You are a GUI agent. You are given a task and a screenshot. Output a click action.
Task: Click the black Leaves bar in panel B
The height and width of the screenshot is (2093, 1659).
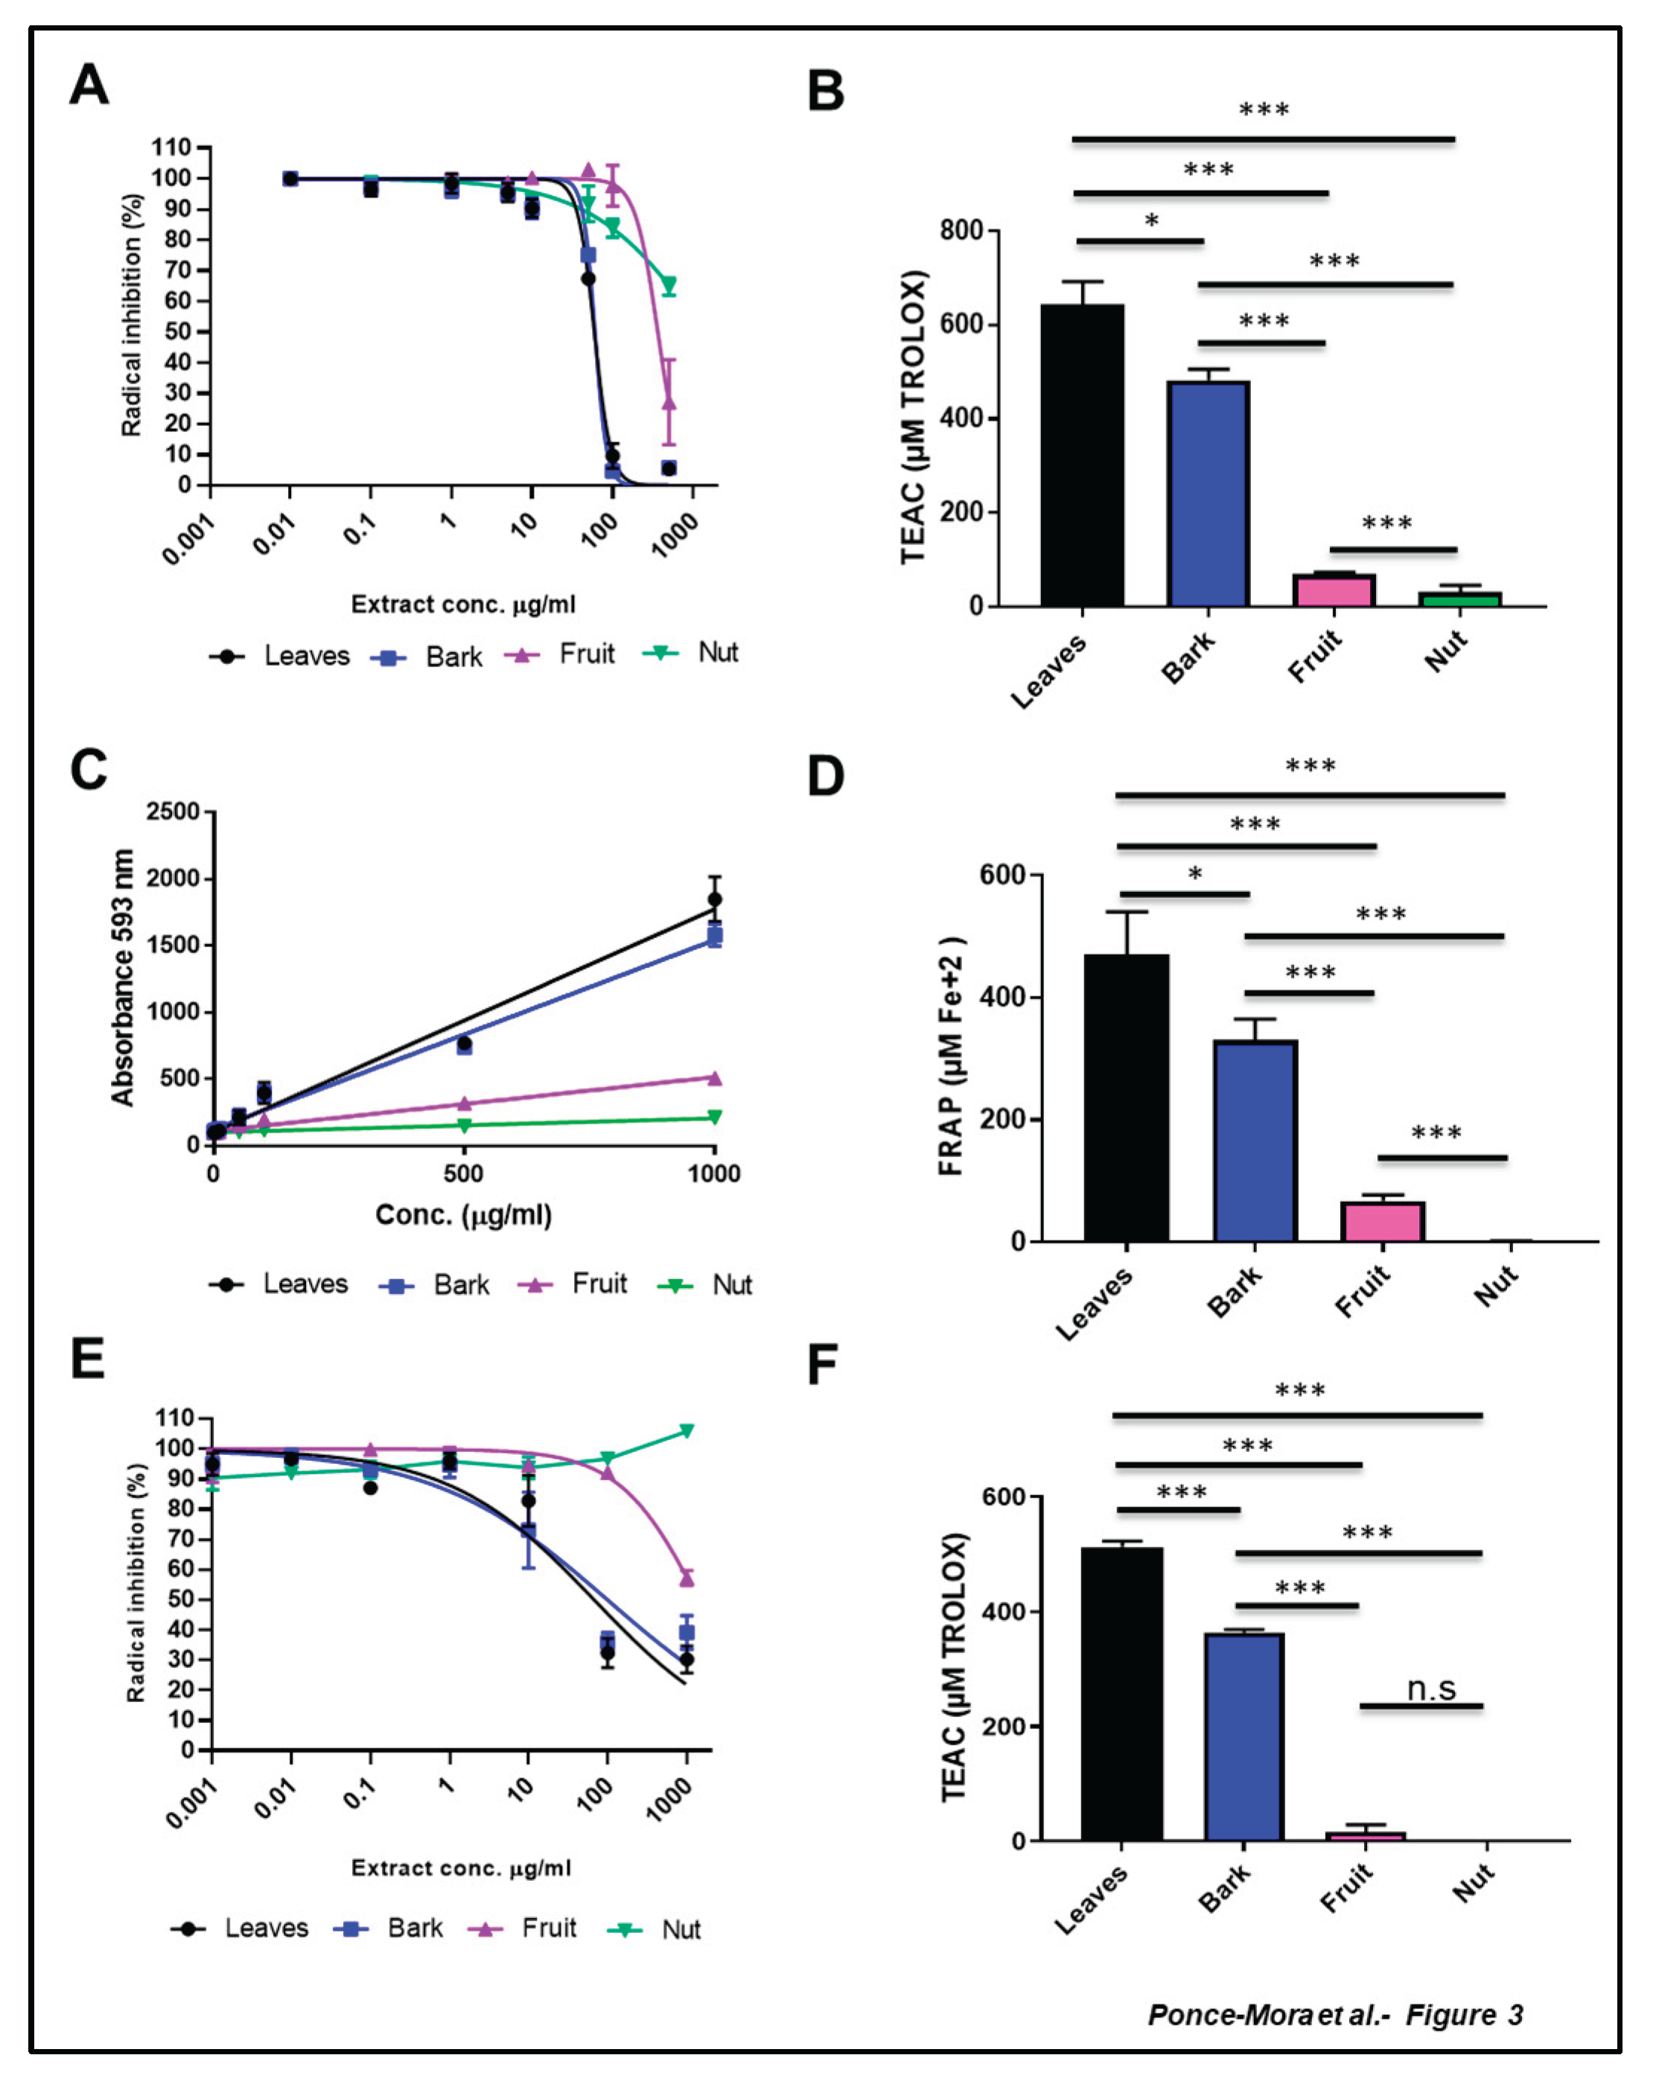pyautogui.click(x=1081, y=456)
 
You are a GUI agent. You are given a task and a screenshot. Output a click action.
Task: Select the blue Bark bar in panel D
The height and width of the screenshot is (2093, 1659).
pyautogui.click(x=1254, y=1141)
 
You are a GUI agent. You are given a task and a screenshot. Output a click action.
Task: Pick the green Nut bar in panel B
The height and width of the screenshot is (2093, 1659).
pyautogui.click(x=1459, y=599)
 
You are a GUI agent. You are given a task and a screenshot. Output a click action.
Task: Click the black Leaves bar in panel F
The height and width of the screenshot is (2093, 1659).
pyautogui.click(x=1121, y=1694)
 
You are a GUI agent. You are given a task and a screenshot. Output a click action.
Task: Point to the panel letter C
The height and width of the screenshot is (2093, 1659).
pyautogui.click(x=89, y=770)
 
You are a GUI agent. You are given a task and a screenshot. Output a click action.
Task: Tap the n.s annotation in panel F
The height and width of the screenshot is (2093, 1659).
pyautogui.click(x=1431, y=1688)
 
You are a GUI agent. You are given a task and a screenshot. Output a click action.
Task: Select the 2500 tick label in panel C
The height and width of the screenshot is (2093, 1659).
pyautogui.click(x=172, y=811)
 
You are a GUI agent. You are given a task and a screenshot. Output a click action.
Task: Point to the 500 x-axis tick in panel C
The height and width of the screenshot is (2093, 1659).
pyautogui.click(x=463, y=1173)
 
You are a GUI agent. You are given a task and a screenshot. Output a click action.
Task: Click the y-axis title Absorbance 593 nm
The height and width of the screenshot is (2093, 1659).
pyautogui.click(x=122, y=977)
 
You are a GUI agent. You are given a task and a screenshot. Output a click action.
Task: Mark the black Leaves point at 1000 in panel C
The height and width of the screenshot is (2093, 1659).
pyautogui.click(x=715, y=899)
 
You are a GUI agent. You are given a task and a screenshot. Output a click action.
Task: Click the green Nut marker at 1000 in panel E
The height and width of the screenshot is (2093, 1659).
pyautogui.click(x=687, y=1431)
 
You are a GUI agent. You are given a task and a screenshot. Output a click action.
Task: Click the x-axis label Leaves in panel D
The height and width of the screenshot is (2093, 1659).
pyautogui.click(x=1094, y=1304)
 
